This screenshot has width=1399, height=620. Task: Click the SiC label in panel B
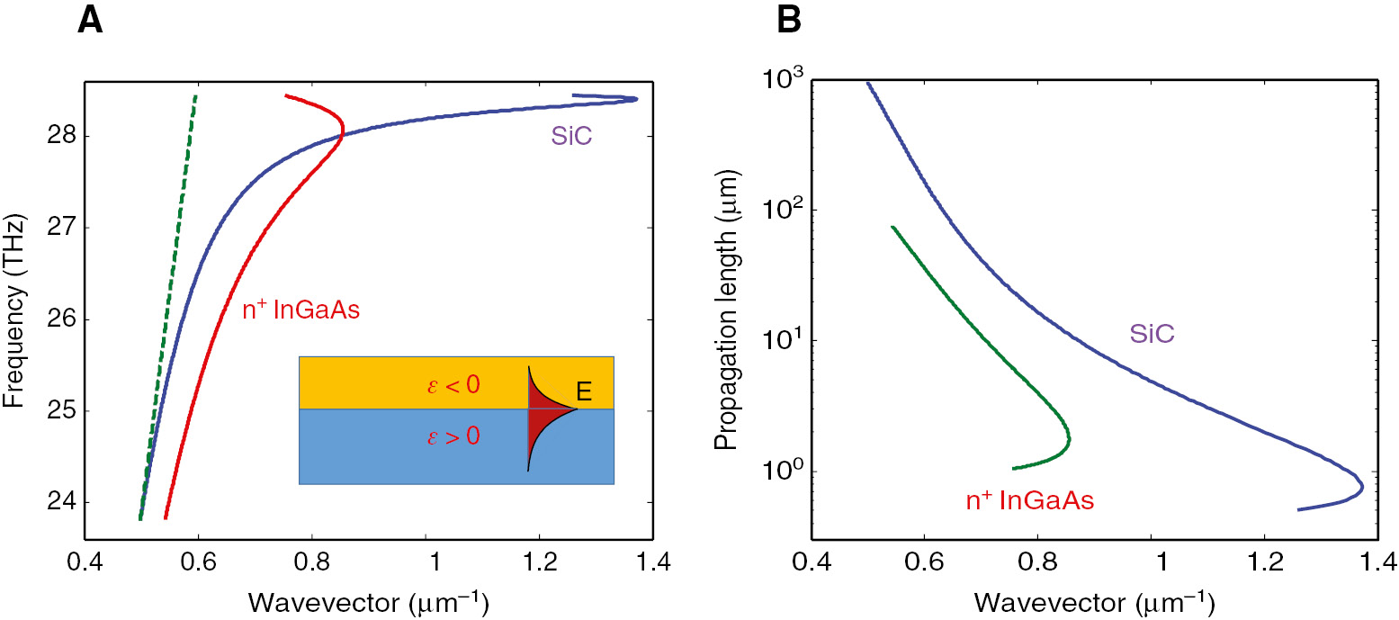1152,335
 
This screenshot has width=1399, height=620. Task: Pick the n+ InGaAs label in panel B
1028,501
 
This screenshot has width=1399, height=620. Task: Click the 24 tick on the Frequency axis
56,502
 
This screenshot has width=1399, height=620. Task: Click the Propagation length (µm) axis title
725,312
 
